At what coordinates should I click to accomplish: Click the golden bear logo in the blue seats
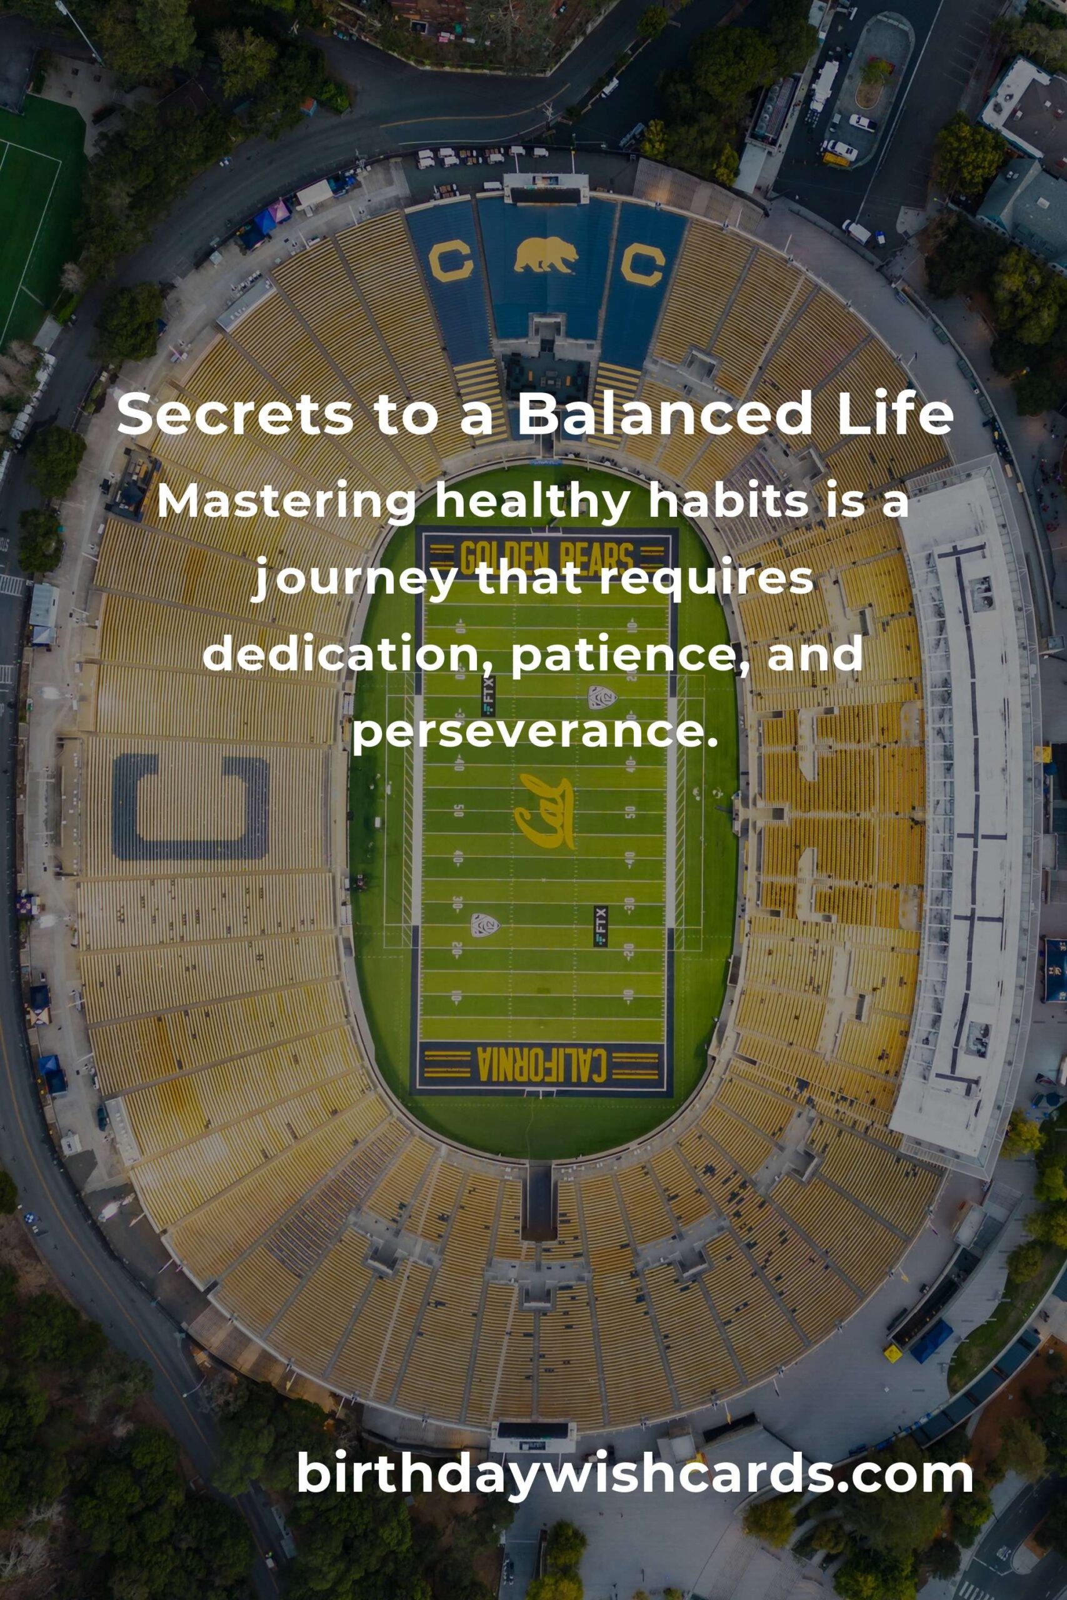pyautogui.click(x=546, y=254)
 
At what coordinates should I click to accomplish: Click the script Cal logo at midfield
pyautogui.click(x=544, y=811)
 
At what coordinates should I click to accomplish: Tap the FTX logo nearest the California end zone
pyautogui.click(x=600, y=926)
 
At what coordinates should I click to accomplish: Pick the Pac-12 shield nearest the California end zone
pyautogui.click(x=484, y=924)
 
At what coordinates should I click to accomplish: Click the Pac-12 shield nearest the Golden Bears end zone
pyautogui.click(x=602, y=697)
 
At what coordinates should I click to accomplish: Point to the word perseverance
pyautogui.click(x=535, y=732)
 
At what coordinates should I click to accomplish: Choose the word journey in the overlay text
pyautogui.click(x=354, y=580)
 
